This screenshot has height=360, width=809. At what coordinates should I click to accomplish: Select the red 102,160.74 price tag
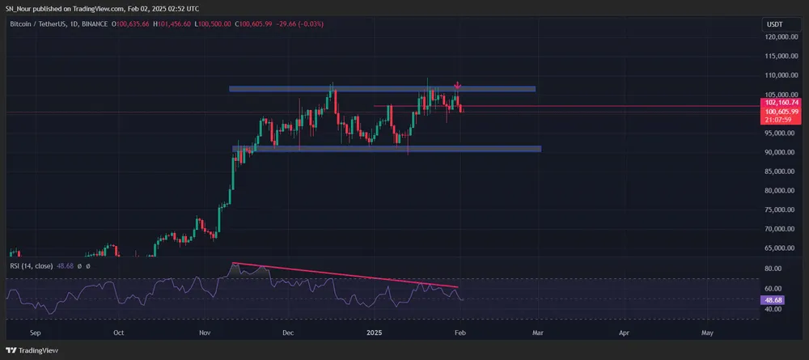(x=780, y=103)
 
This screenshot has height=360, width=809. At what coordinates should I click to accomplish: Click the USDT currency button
(x=774, y=25)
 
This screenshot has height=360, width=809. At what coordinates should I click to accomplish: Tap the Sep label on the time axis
(x=35, y=332)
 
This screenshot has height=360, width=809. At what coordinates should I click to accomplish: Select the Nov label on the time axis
(x=205, y=332)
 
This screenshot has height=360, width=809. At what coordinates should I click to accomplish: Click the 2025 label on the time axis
(x=374, y=332)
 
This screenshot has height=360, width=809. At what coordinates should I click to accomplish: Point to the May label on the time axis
(x=707, y=332)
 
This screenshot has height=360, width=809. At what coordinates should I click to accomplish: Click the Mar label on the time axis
(x=536, y=332)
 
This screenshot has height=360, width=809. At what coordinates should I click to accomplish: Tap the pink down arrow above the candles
(x=458, y=85)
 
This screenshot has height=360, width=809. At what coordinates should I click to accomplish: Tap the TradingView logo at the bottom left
(x=30, y=350)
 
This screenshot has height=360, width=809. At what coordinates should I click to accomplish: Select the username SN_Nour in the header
(x=19, y=7)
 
